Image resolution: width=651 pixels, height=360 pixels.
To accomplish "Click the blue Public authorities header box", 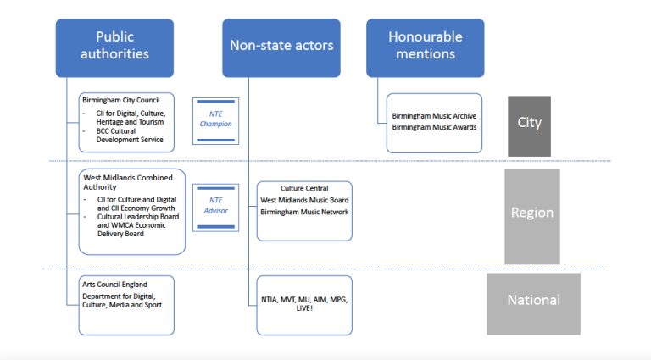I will point(115,47).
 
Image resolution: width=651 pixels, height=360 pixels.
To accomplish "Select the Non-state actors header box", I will point(281,47).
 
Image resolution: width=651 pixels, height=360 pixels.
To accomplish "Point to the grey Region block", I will point(531,213).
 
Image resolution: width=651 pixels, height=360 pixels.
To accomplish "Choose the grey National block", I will point(533,301).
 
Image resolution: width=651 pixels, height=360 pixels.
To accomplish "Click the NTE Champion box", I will point(215,119).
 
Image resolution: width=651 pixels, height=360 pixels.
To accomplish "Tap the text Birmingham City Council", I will point(120,100).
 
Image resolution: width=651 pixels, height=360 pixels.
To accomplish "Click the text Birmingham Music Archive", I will point(434,116).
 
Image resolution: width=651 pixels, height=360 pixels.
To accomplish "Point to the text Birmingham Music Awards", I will point(434,127).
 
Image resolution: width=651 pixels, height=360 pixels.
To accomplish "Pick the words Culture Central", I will point(304,189).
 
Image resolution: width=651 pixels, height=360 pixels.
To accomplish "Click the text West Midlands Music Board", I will point(304,200).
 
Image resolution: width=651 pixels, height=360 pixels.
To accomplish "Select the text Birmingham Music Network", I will point(304,212).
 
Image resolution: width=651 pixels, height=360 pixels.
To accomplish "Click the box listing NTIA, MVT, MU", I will point(304,304).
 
